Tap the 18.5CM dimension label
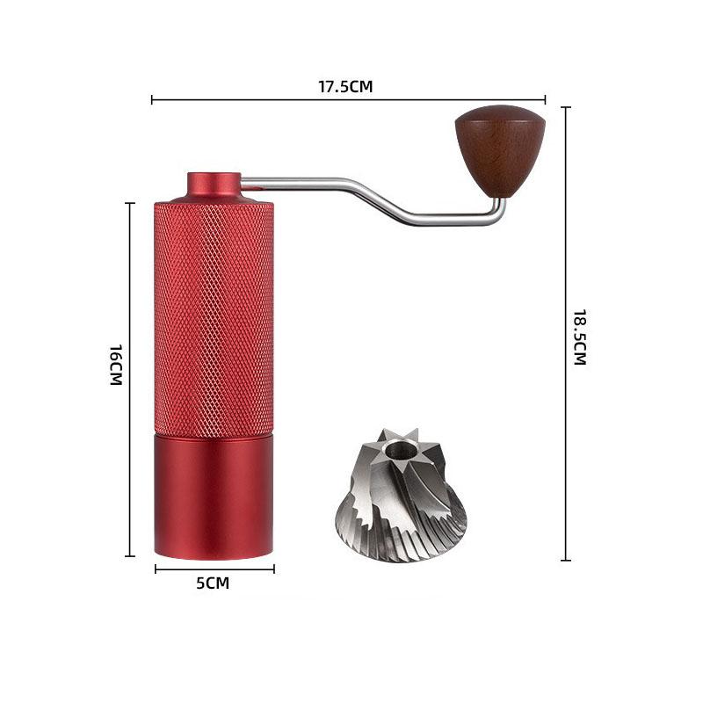click(x=578, y=337)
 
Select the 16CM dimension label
click(x=115, y=364)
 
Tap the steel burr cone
click(x=401, y=501)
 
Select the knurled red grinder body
click(x=214, y=316)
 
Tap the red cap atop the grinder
click(x=214, y=185)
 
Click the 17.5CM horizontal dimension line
click(x=264, y=100)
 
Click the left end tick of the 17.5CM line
click(x=153, y=100)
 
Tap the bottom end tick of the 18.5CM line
click(x=566, y=560)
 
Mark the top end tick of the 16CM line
click(x=130, y=203)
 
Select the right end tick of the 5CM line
click(x=273, y=569)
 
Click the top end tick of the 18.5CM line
click(x=566, y=107)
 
